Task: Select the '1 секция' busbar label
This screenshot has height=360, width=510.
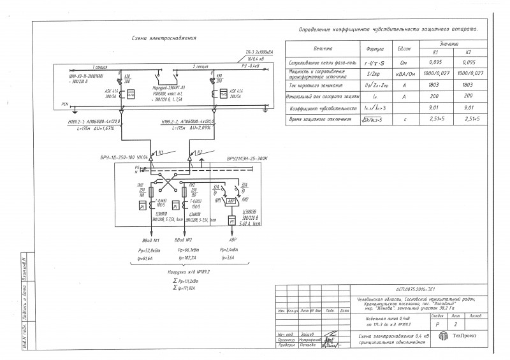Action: (x=101, y=66)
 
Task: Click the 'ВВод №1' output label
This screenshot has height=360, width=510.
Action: (x=151, y=240)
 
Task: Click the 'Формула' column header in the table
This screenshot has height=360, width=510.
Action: (x=373, y=48)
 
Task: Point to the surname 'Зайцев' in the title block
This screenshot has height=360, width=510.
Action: (x=308, y=333)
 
